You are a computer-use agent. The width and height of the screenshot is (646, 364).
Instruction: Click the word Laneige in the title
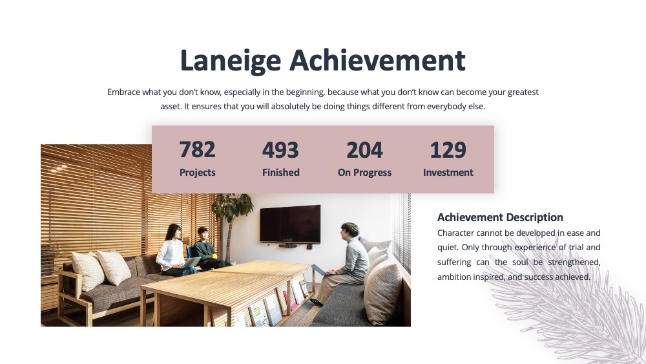click(x=231, y=61)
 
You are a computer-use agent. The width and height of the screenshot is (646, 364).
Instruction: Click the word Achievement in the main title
click(x=377, y=60)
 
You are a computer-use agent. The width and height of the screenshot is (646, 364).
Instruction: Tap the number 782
click(x=197, y=149)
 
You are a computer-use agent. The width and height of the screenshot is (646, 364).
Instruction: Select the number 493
click(x=280, y=150)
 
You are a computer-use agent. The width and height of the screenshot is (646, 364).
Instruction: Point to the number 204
click(x=364, y=150)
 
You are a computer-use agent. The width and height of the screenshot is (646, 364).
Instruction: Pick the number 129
click(x=448, y=150)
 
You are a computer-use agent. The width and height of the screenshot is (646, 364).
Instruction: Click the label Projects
click(x=197, y=173)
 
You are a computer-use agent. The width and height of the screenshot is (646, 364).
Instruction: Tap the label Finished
click(x=281, y=173)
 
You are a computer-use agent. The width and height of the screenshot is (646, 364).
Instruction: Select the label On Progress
click(x=364, y=173)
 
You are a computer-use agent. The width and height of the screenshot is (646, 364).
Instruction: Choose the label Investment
click(x=448, y=173)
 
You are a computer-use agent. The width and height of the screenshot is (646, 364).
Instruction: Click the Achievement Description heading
click(x=500, y=217)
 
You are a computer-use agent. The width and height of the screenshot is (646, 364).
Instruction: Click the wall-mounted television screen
click(x=290, y=224)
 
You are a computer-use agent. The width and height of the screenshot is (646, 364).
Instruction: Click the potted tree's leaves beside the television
click(x=232, y=206)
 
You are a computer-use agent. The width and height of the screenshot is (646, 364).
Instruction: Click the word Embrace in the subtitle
click(x=123, y=92)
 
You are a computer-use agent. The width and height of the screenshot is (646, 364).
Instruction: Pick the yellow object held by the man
click(x=214, y=256)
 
